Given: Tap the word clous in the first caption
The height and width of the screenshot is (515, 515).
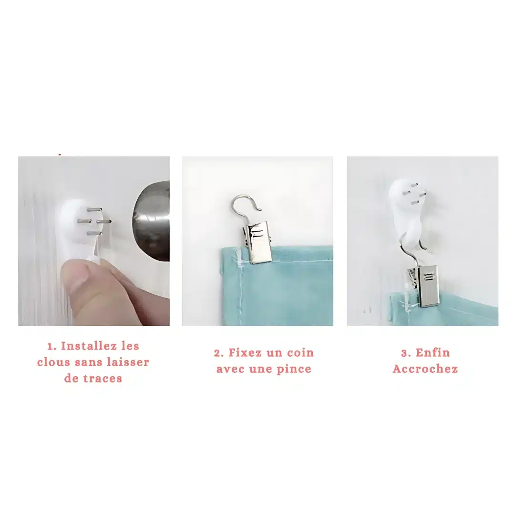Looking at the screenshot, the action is (54, 362).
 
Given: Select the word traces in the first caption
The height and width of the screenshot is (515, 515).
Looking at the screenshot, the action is (102, 378).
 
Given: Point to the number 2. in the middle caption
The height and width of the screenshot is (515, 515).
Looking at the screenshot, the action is (219, 353).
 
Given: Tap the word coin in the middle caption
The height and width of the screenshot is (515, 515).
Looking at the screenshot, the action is (300, 352).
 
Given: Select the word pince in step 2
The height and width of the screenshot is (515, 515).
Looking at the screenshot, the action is (294, 369).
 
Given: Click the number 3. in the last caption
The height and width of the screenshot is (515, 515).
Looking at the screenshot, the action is (406, 353).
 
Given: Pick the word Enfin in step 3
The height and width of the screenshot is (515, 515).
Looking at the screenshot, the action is (433, 352).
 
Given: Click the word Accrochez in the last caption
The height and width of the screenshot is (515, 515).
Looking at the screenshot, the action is (425, 369).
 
